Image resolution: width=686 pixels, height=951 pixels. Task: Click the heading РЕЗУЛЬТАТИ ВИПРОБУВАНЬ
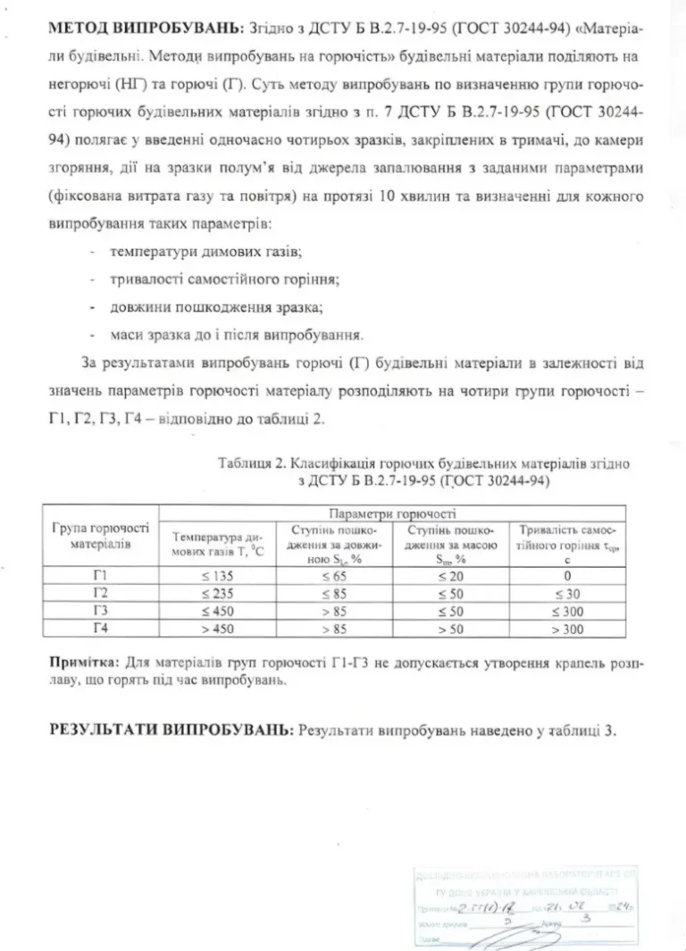[x=170, y=729]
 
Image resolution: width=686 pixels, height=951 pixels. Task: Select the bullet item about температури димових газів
[x=205, y=253]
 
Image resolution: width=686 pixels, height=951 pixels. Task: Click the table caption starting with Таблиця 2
[x=424, y=472]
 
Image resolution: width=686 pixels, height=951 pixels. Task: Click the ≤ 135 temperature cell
[x=218, y=575]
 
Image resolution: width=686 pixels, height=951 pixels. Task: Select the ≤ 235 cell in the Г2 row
[x=218, y=593]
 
